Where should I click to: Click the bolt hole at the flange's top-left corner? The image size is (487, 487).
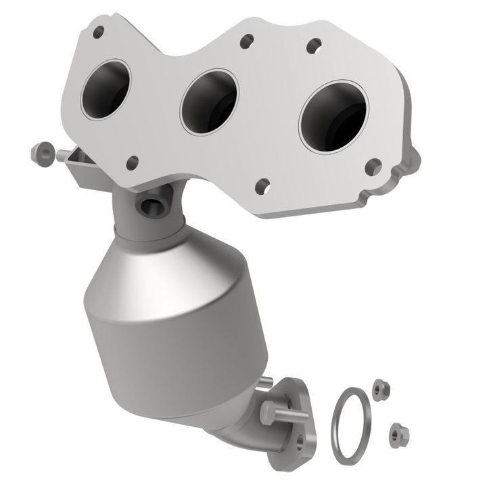99,31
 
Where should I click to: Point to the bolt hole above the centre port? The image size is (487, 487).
246,41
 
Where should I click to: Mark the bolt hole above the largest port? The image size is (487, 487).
313,46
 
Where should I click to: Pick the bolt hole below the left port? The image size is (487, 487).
133,162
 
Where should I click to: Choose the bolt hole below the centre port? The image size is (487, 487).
263,184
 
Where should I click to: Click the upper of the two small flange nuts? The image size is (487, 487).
379,388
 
